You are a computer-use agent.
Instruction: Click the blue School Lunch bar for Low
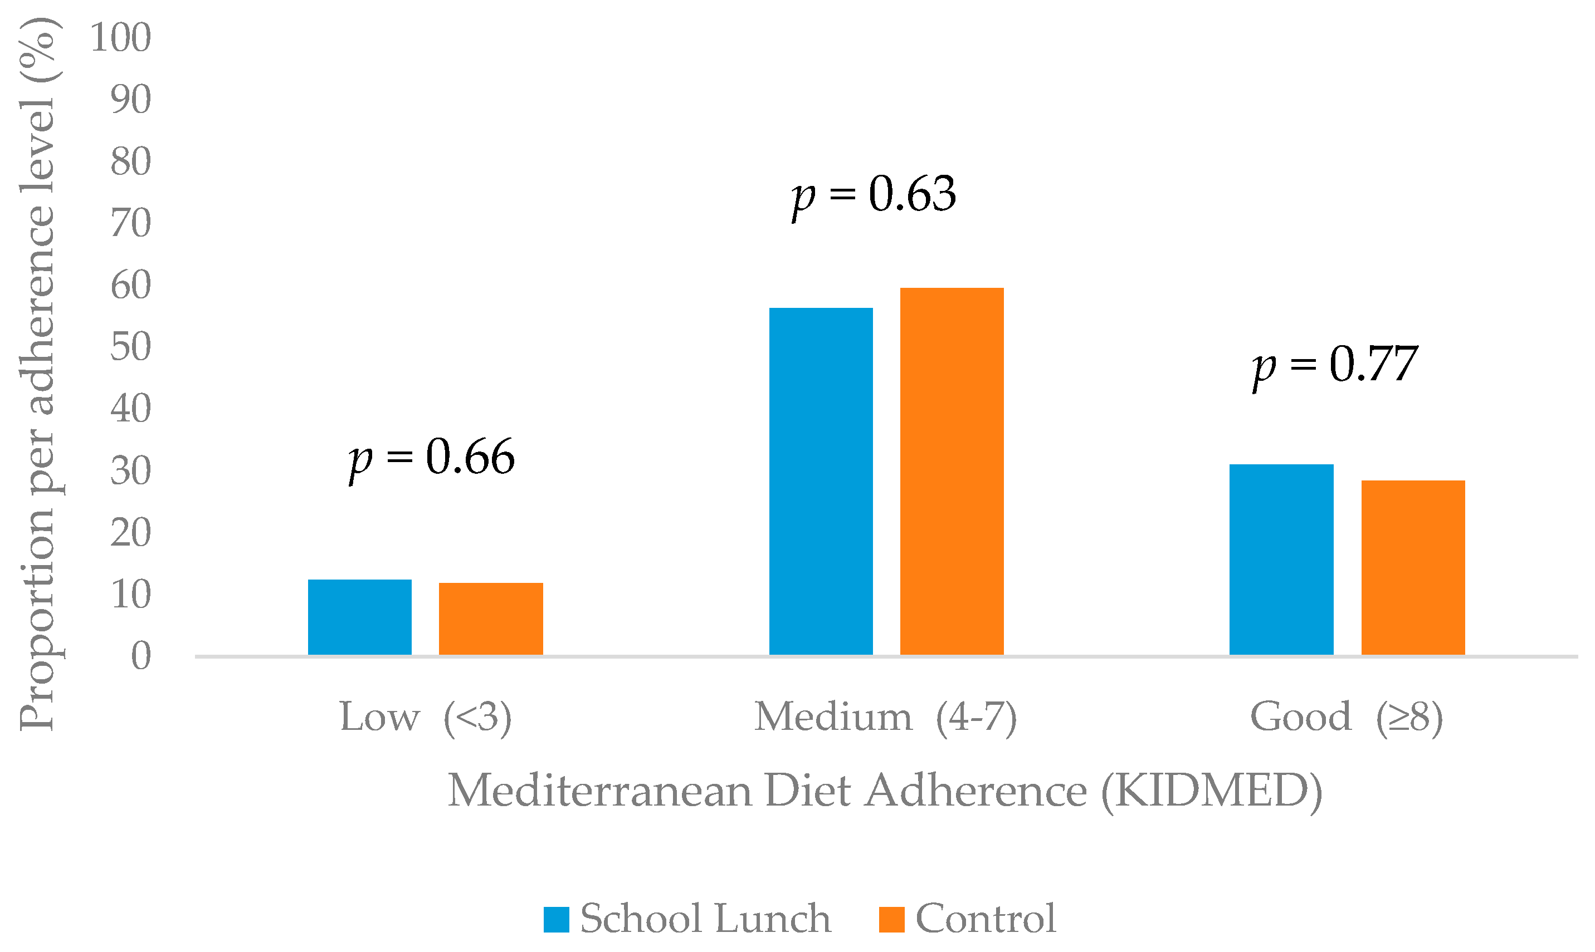click(x=359, y=617)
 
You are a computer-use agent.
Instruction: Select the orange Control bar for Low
click(x=491, y=619)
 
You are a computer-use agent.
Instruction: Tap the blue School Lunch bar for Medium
click(x=821, y=481)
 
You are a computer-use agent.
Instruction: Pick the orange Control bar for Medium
click(x=952, y=472)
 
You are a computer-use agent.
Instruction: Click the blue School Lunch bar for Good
click(x=1281, y=560)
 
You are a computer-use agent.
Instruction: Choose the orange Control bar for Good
click(x=1413, y=568)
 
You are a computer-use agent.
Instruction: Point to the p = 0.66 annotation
click(x=431, y=458)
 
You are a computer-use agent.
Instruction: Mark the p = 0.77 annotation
click(x=1335, y=365)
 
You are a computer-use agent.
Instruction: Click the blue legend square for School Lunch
click(x=556, y=919)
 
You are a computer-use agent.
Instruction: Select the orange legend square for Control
click(x=891, y=919)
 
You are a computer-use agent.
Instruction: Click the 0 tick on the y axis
click(x=141, y=656)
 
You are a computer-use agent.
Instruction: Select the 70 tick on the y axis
click(x=131, y=223)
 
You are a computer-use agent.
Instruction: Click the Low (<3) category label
click(x=426, y=717)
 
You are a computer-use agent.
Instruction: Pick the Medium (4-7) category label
click(x=886, y=717)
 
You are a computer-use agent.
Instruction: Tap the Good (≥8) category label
click(x=1347, y=717)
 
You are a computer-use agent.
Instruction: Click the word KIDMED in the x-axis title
click(x=1211, y=791)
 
